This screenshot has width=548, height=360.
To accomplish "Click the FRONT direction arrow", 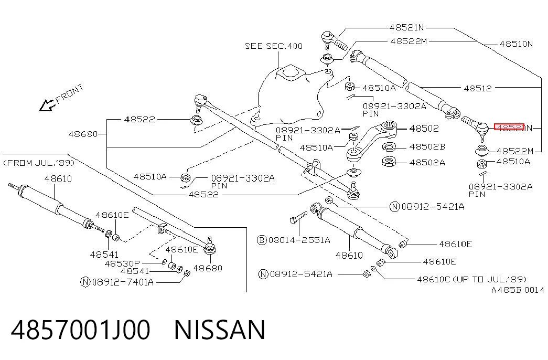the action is point(47,105).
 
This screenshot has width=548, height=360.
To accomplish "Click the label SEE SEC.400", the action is point(273,46).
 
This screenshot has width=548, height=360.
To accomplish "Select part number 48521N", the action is point(407,27).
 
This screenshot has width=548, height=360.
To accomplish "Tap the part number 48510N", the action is point(516,44).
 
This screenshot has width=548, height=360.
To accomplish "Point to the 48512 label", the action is point(478,88).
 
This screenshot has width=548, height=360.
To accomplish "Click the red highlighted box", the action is point(509,126).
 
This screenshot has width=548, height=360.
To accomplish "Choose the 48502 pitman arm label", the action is point(424,129).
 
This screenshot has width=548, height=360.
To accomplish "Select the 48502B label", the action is point(427,146).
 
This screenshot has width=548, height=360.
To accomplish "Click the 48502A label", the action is point(427,162).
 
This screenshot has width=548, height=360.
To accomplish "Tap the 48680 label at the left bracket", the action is point(83,134).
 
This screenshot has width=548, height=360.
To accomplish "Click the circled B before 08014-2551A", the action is point(262,240).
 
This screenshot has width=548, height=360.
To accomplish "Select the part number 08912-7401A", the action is point(123,282).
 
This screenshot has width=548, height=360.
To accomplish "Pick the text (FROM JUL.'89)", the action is point(39,163).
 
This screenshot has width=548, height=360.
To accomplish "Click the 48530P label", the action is point(122,263).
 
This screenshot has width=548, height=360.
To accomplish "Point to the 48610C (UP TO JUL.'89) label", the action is point(472,279).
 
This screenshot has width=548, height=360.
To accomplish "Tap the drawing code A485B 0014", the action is point(518,290).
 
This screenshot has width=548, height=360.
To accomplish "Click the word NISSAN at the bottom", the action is point(220,330).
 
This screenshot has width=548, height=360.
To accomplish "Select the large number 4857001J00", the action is point(81,330).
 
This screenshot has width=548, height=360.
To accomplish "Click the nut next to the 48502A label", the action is point(389,162).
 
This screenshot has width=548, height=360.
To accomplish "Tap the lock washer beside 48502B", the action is point(389,146).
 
